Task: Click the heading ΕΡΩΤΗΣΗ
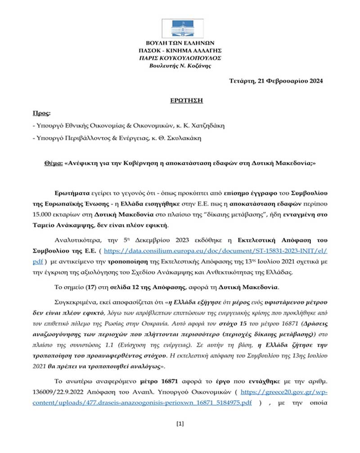point(180,100)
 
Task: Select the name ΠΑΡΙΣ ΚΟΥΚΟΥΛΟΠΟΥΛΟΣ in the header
point(180,58)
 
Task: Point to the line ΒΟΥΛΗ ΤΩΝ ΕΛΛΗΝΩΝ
point(180,43)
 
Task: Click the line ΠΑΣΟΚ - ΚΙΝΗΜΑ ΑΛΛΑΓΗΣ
point(180,50)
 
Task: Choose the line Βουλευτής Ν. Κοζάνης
point(180,66)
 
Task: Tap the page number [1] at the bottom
point(180,423)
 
